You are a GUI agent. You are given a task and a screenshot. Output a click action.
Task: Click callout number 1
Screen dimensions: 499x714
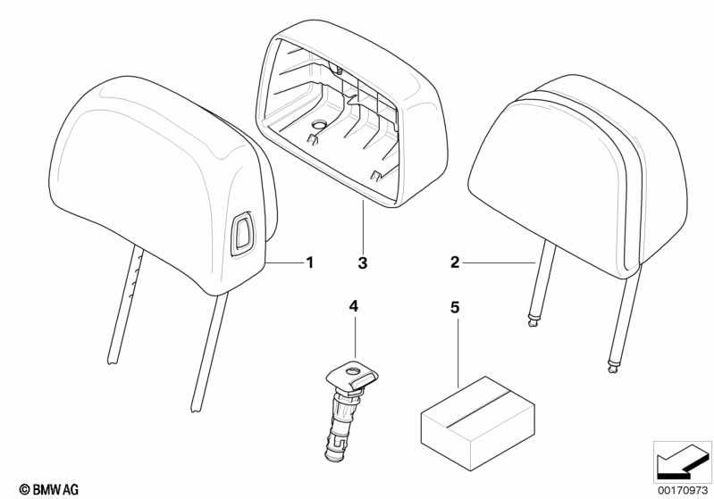(309, 262)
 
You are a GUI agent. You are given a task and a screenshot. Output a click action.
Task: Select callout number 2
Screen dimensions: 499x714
(455, 262)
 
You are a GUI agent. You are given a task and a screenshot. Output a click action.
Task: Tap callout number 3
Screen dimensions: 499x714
(362, 263)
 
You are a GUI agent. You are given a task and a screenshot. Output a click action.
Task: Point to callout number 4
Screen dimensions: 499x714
(354, 306)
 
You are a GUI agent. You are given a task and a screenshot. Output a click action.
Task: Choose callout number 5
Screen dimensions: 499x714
(455, 306)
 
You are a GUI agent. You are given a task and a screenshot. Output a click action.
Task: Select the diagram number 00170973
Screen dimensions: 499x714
(681, 488)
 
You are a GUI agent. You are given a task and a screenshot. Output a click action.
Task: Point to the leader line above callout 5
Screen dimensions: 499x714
(460, 348)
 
